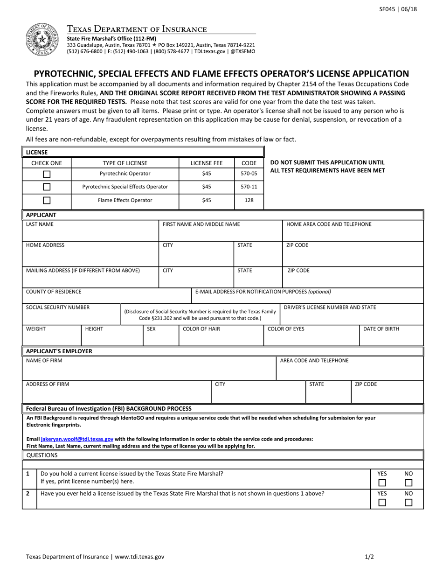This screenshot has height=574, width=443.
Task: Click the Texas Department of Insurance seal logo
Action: pos(42,40)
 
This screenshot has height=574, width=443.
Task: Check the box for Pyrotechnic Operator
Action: pos(47,174)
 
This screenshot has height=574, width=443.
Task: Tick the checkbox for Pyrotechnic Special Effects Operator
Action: pos(47,187)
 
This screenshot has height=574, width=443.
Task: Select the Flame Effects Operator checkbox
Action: pos(47,201)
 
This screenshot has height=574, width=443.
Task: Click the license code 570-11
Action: pos(249,187)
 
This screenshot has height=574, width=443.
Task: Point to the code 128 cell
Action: pos(249,200)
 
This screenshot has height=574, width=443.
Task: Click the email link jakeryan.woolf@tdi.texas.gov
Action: pos(77,439)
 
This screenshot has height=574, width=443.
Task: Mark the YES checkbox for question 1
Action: pos(382,483)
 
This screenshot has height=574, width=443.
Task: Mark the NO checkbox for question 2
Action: pos(408,503)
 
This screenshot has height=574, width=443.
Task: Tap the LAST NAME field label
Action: pos(40,224)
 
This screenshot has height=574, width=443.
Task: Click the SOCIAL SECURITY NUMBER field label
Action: pos(58,308)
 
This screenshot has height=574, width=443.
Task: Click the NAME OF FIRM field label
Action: pos(44,361)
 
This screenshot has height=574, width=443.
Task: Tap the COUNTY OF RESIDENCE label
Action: pos(54,292)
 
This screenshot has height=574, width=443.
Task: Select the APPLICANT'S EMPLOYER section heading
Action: pos(59,351)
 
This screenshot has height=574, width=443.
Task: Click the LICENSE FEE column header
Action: pos(207,163)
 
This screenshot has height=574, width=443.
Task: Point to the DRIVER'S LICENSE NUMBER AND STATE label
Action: pos(330,308)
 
